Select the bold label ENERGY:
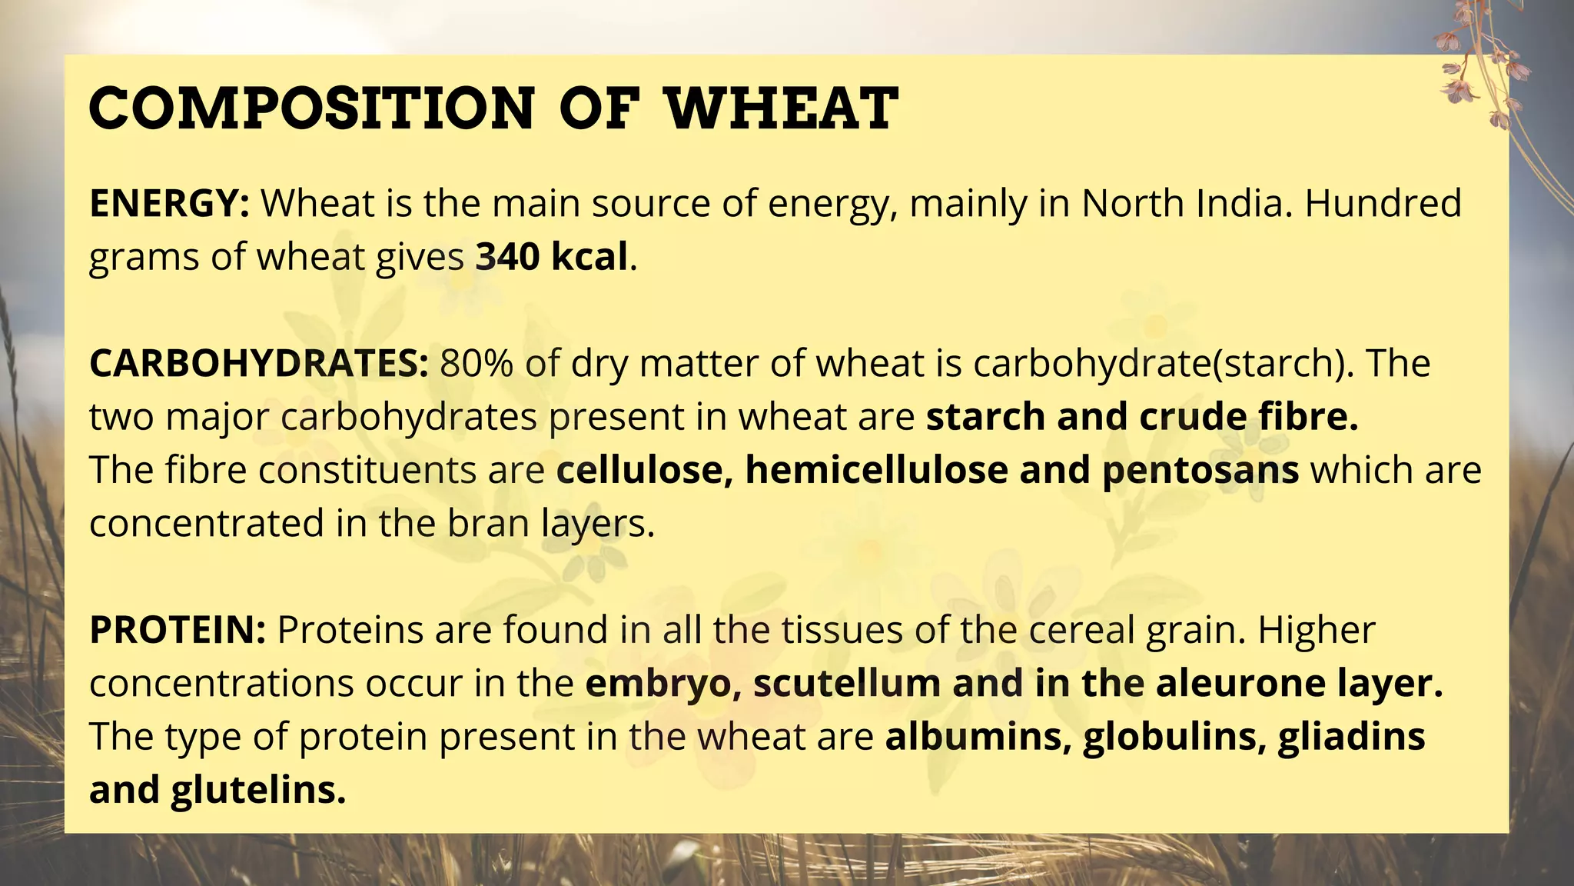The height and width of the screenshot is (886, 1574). pos(169,204)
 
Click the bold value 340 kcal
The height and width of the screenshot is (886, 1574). pos(551,257)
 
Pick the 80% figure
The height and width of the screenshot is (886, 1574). pos(477,364)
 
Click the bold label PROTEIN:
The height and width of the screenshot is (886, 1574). pos(178,631)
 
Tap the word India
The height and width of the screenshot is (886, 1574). pos(1240,204)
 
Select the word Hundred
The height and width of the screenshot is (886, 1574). pos(1383,204)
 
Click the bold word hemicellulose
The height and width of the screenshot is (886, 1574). pos(876,470)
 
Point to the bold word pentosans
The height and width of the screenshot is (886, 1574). pos(1200,470)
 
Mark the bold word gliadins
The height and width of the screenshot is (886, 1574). pos(1352,737)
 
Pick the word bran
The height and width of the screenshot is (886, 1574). pos(488,524)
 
